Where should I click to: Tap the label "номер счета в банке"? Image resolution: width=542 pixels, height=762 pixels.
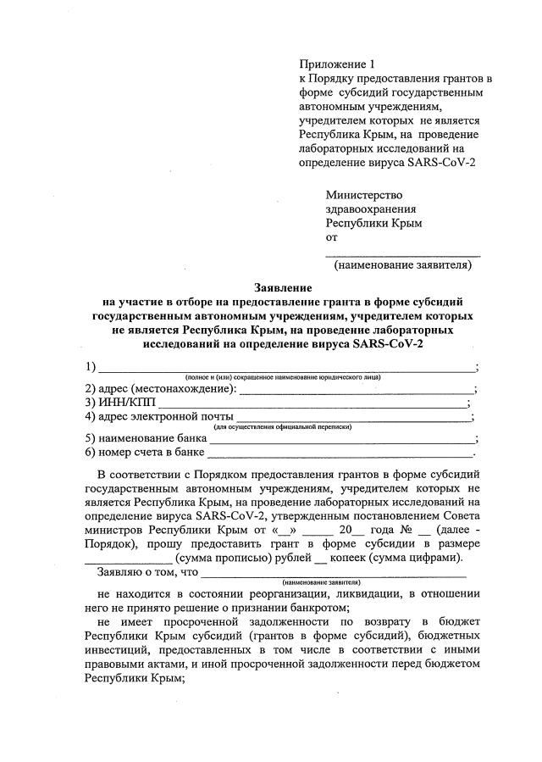(x=145, y=453)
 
